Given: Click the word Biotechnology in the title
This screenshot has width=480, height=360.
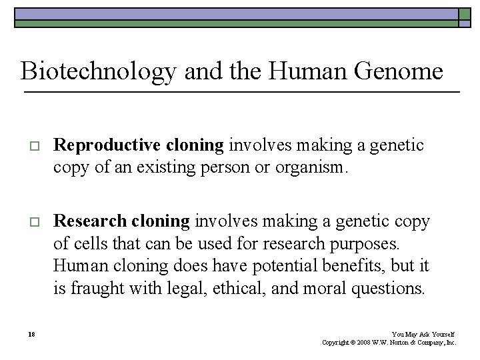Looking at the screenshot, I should tap(98, 71).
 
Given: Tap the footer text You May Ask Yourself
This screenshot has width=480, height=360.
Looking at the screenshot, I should tap(423, 334).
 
